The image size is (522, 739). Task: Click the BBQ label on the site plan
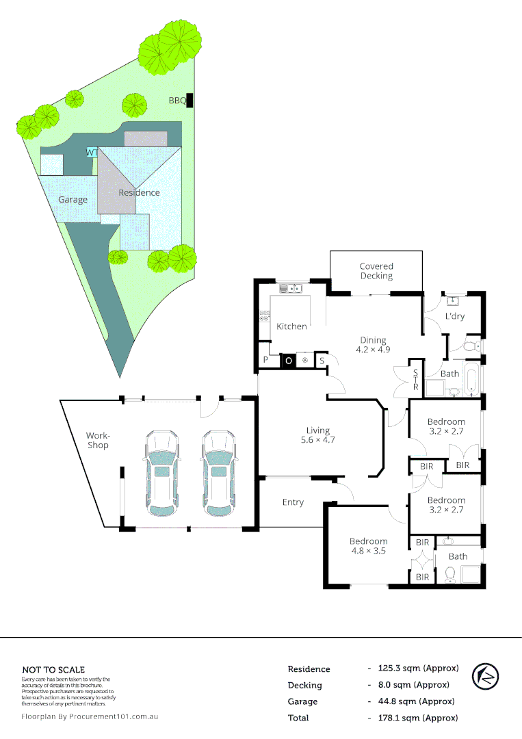tap(177, 101)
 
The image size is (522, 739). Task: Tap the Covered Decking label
tap(376, 271)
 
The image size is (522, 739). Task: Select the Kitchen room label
tap(291, 326)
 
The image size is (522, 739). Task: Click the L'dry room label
tap(455, 316)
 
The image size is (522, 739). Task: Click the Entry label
tap(293, 502)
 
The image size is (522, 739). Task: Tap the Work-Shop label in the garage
tap(97, 440)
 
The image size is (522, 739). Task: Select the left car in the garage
tap(161, 473)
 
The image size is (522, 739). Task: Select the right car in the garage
tap(219, 473)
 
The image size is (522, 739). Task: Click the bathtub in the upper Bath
tap(471, 380)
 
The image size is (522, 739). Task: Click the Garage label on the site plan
tap(73, 200)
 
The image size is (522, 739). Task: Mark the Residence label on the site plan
tap(139, 192)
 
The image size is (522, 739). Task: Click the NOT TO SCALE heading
tap(53, 670)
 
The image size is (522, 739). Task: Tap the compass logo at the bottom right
tap(486, 677)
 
